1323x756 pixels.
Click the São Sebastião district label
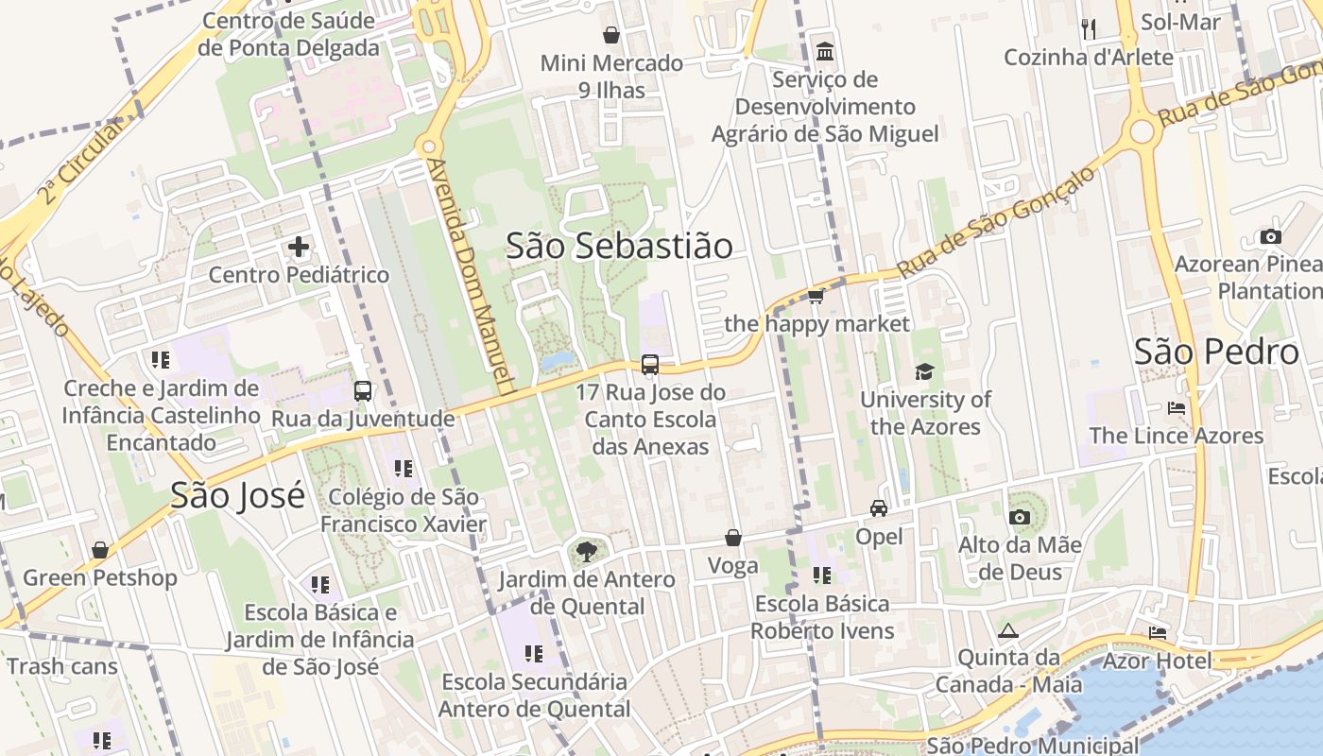[x=619, y=246]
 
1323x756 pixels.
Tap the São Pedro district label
[x=1216, y=352]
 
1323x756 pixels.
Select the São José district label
[x=238, y=495]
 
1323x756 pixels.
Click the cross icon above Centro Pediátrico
[x=299, y=248]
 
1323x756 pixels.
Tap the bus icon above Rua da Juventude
[x=363, y=391]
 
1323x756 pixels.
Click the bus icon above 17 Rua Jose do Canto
[x=650, y=365]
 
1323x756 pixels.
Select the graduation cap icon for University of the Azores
[x=924, y=372]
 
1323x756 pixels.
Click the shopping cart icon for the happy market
[x=816, y=297]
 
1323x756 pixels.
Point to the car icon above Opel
[x=879, y=508]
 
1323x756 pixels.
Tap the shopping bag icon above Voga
[x=733, y=538]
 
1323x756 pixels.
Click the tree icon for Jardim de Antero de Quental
[x=587, y=551]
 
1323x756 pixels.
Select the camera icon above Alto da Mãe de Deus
[x=1020, y=517]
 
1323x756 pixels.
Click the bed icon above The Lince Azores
[x=1177, y=408]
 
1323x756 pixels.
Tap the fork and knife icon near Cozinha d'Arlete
[x=1089, y=29]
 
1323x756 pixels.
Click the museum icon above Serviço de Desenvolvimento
[x=825, y=51]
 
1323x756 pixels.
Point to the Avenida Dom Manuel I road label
[x=470, y=274]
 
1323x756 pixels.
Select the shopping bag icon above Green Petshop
[x=100, y=550]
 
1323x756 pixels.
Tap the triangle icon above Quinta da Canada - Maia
[x=1008, y=630]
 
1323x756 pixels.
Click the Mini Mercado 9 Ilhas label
[x=611, y=77]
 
